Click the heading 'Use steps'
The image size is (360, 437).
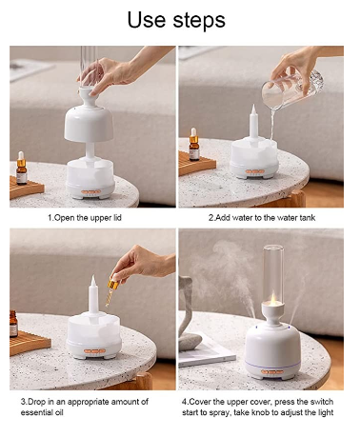176,20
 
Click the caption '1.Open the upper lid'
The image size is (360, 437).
85,218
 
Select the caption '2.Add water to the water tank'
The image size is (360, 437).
262,218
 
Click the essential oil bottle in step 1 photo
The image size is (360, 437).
21,168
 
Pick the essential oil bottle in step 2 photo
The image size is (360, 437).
194,144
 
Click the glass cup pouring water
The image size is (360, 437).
291,89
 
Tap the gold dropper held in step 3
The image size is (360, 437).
111,289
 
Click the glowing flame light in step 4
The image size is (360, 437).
273,299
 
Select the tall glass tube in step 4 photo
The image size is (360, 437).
273,274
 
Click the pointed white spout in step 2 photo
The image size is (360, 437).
253,122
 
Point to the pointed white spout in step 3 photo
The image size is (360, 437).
93,293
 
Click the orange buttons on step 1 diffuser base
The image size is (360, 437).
90,192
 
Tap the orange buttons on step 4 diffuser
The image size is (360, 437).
272,371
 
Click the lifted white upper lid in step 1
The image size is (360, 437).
89,117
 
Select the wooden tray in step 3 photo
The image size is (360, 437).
30,343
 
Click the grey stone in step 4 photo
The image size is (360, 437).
190,342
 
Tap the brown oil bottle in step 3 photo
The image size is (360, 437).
13,324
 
